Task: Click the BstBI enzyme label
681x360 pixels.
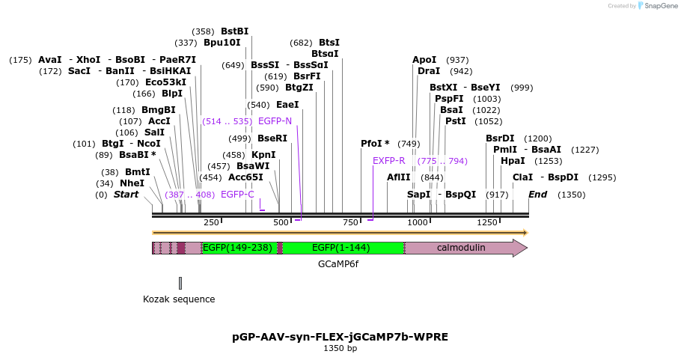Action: [234, 31]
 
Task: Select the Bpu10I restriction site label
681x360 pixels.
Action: [222, 43]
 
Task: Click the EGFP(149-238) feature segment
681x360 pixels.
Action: [237, 248]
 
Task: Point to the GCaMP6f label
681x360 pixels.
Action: [338, 264]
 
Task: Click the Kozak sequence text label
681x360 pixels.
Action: [179, 299]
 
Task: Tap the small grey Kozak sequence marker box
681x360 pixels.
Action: [180, 283]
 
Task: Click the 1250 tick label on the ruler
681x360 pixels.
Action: [487, 222]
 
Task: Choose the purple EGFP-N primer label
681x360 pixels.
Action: [275, 120]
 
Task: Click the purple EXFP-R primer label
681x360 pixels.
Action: [388, 161]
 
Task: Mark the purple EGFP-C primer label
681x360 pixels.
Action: [237, 195]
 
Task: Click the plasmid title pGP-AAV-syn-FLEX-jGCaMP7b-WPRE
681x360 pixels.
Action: [340, 337]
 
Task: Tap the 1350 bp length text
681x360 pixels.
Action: [340, 348]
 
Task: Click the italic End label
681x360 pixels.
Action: [537, 195]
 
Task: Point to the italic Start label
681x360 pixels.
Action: [126, 195]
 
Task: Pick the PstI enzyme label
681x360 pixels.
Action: [455, 120]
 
